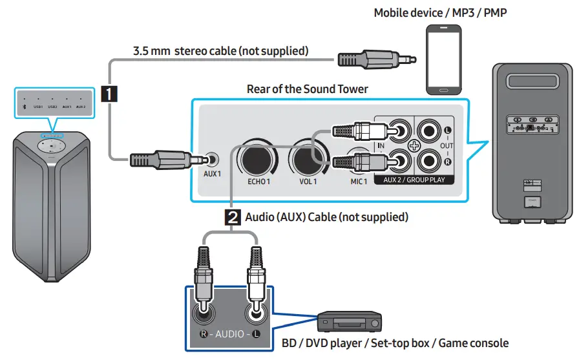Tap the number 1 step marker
(111, 95)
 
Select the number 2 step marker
(233, 217)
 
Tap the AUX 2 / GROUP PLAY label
(414, 180)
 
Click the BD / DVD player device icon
(350, 322)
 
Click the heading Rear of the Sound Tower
(307, 89)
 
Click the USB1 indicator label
(38, 105)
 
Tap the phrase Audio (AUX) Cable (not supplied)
(326, 217)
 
